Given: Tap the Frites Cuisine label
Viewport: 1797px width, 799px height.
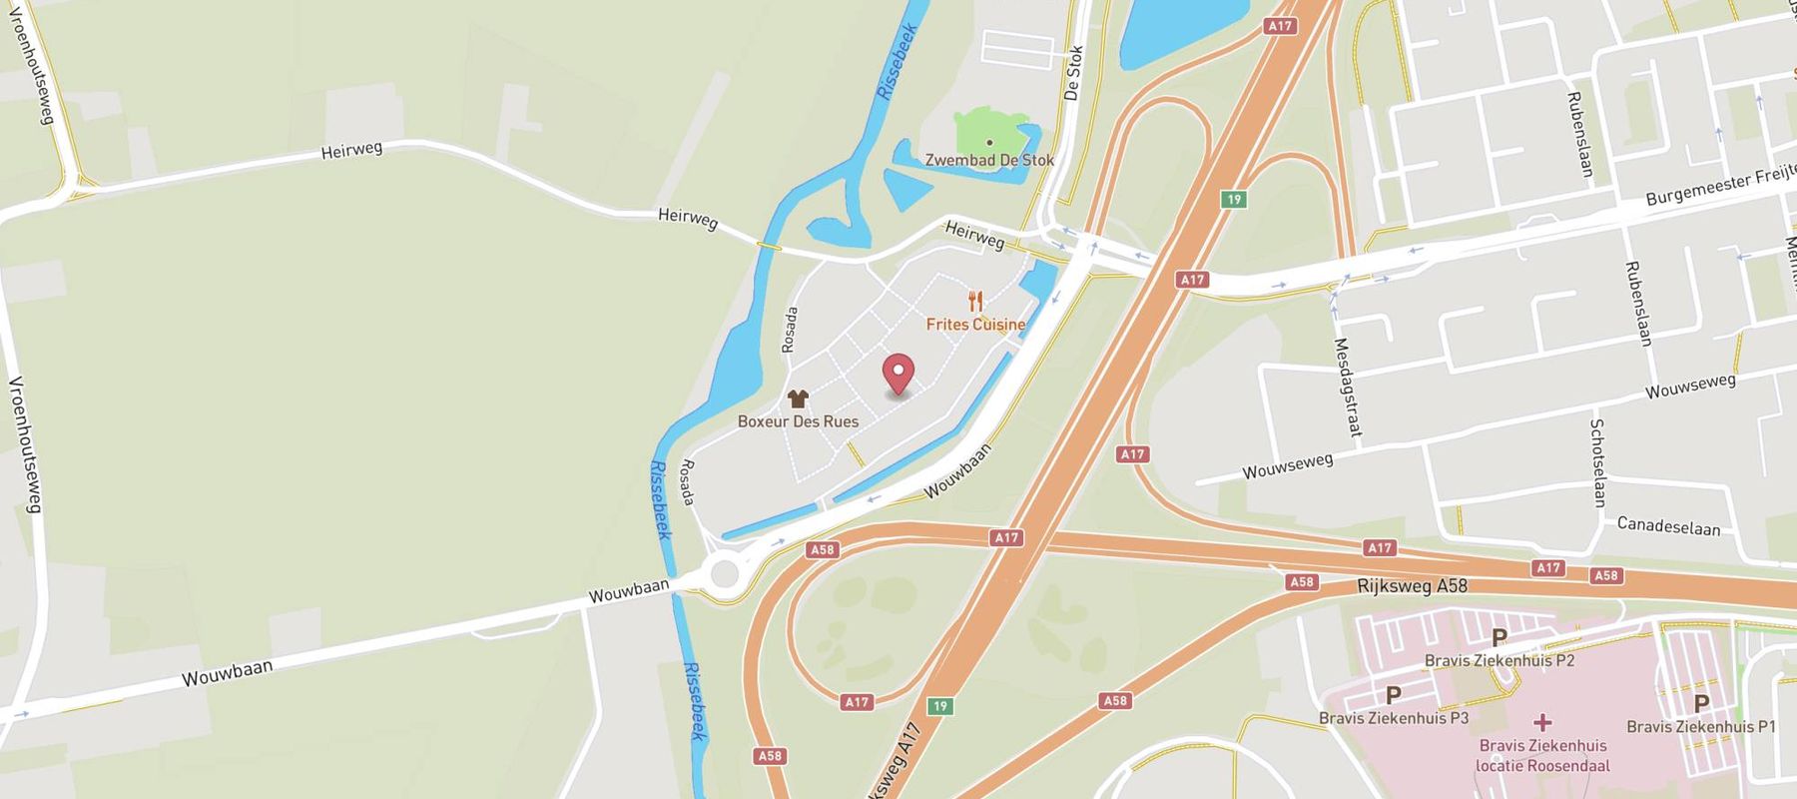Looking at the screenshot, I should pyautogui.click(x=975, y=325).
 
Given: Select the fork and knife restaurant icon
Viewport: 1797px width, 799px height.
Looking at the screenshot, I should pyautogui.click(x=975, y=301).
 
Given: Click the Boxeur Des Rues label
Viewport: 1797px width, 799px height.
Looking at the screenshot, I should pyautogui.click(x=798, y=421).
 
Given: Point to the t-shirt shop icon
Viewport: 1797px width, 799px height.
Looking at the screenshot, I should pyautogui.click(x=797, y=399).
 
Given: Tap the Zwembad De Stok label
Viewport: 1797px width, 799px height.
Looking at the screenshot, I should pyautogui.click(x=989, y=160).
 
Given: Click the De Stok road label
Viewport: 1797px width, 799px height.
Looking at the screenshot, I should pyautogui.click(x=1073, y=73).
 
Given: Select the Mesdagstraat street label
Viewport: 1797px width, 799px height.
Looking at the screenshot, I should pyautogui.click(x=1348, y=388).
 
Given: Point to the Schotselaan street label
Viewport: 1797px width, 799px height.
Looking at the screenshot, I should pyautogui.click(x=1597, y=462).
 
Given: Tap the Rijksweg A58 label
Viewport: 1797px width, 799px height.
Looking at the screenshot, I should pyautogui.click(x=1413, y=585).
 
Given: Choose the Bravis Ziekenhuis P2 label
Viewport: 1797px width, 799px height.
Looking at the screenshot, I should pyautogui.click(x=1499, y=660).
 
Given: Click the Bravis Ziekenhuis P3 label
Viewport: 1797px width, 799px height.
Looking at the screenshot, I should pyautogui.click(x=1394, y=718).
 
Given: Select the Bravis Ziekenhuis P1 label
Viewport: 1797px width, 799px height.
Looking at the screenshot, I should pyautogui.click(x=1701, y=727).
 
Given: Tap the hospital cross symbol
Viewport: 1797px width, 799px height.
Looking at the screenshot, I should pyautogui.click(x=1542, y=722).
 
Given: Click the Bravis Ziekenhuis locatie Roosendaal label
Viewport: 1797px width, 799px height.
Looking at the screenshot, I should pyautogui.click(x=1542, y=756).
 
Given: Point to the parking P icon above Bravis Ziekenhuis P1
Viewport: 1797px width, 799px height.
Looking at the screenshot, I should pyautogui.click(x=1701, y=703).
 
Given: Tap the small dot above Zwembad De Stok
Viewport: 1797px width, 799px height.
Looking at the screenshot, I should pyautogui.click(x=989, y=143).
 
